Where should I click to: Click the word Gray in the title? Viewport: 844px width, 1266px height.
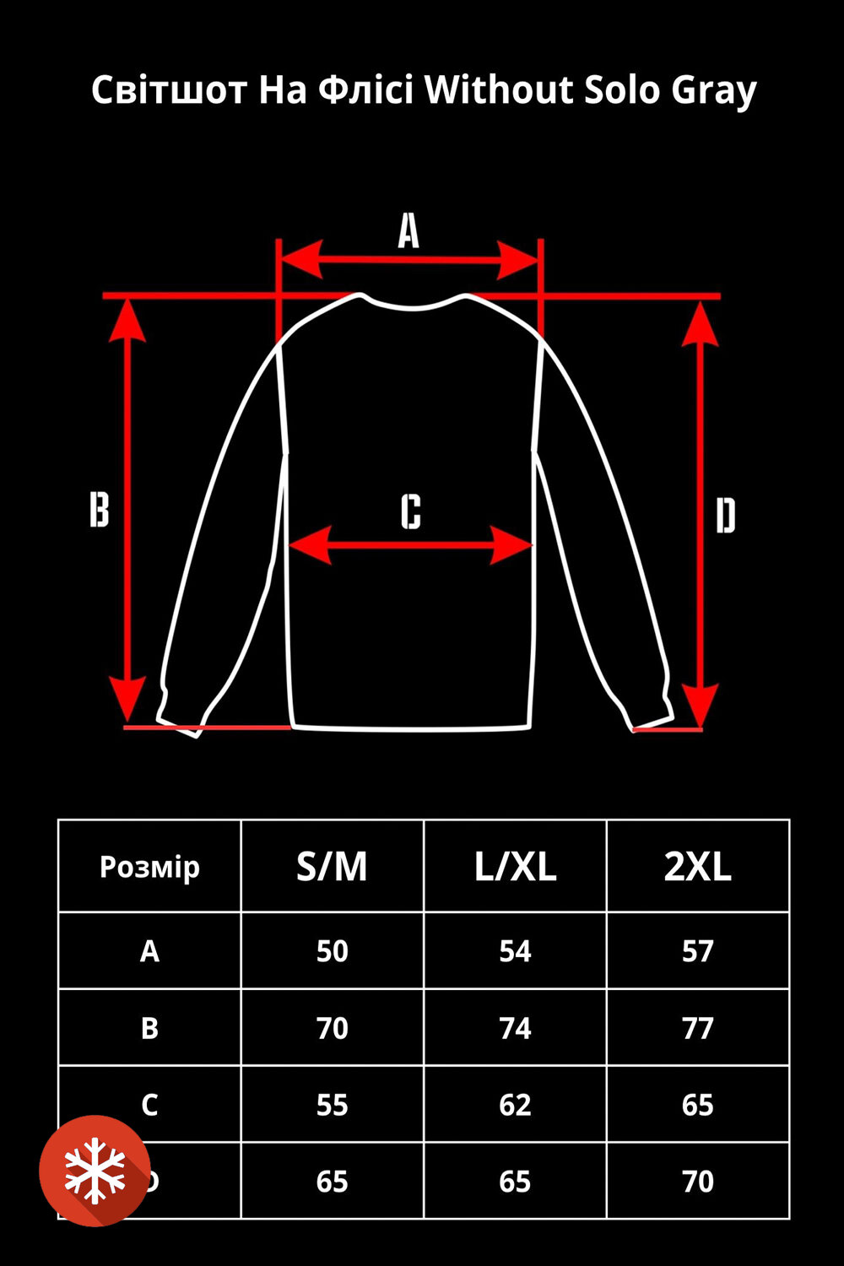(714, 91)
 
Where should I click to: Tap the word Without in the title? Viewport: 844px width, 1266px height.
(499, 89)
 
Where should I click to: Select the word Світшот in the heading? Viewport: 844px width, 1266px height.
(169, 89)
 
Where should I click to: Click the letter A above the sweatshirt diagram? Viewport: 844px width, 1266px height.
(408, 231)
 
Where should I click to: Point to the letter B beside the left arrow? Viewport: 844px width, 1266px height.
(100, 509)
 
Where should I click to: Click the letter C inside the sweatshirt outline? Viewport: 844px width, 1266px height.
(411, 511)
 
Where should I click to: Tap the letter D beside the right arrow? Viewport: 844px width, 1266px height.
(726, 516)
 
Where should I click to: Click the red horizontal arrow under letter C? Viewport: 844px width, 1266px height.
(410, 545)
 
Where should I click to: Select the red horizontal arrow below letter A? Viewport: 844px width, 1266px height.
(409, 260)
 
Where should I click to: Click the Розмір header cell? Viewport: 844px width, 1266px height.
(149, 867)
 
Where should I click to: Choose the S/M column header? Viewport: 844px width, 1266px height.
(332, 867)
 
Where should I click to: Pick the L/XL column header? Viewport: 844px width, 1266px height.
(515, 867)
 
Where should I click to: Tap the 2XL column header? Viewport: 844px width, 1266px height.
(698, 867)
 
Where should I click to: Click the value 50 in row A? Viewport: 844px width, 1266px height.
(333, 951)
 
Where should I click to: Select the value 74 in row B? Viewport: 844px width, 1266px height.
(515, 1028)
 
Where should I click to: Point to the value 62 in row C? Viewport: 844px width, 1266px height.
(515, 1105)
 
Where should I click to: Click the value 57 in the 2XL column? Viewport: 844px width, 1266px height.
(698, 951)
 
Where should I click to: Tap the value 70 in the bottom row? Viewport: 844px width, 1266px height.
(698, 1182)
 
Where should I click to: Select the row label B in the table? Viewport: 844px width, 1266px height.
(149, 1028)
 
